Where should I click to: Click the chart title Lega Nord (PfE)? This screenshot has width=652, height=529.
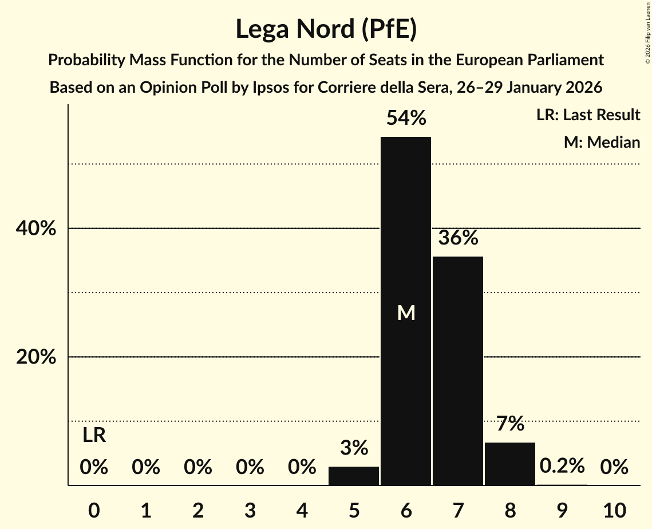pos(326,29)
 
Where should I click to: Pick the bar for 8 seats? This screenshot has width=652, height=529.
pos(510,464)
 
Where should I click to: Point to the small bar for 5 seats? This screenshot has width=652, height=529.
pos(354,476)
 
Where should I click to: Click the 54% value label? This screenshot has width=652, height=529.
pos(406,119)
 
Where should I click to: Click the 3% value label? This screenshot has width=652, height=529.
pos(354,448)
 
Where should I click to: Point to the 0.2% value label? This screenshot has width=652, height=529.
pos(562,466)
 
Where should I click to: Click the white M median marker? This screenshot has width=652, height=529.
pos(406,313)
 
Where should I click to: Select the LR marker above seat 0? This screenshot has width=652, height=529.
pos(94,436)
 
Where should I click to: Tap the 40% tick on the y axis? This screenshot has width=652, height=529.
pos(35,228)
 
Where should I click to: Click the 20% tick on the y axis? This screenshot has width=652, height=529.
pos(35,357)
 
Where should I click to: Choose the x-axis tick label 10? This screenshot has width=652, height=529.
pos(614,510)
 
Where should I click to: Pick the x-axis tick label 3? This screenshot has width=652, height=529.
pos(250,510)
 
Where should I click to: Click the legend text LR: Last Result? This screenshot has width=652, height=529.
pos(588,115)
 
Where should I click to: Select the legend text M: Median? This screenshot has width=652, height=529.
pos(602,142)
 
